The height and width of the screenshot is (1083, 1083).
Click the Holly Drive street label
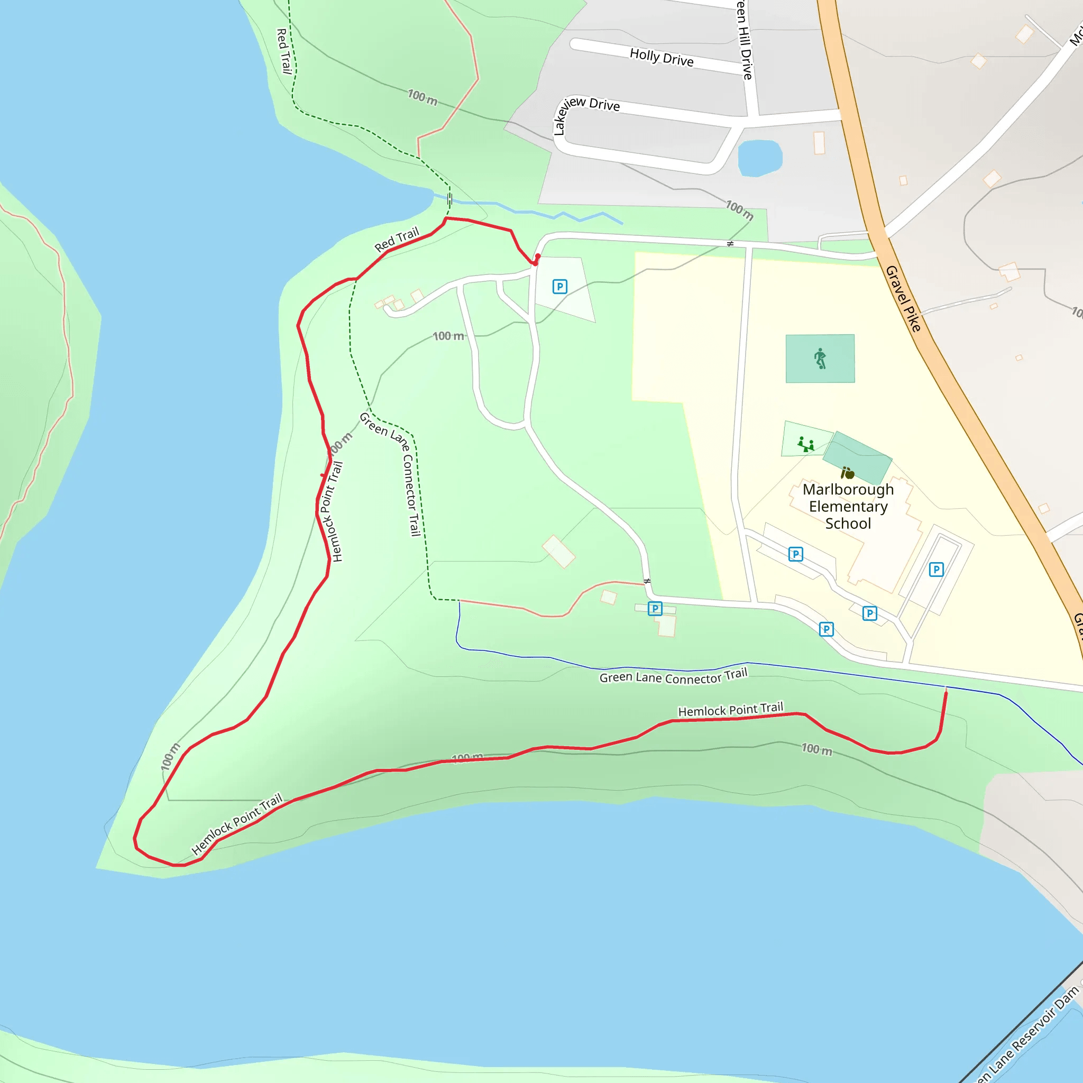pos(662,57)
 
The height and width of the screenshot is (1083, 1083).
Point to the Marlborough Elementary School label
pos(848,506)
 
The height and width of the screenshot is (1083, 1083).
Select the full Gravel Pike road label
pos(903,298)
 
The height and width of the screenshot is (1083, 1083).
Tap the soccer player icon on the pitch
pos(820,358)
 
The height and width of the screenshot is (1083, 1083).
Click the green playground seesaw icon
pos(805,445)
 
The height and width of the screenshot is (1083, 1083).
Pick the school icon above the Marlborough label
pos(848,473)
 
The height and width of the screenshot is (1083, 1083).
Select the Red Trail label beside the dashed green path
pos(284,51)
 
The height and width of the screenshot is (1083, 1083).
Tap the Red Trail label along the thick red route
pos(397,240)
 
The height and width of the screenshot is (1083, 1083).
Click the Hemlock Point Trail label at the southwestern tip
pos(236,824)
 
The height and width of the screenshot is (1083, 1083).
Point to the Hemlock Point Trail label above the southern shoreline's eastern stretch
pos(730,710)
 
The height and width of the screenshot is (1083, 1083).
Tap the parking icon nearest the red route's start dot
pos(559,287)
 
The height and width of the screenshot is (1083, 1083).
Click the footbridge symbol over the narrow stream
pos(449,199)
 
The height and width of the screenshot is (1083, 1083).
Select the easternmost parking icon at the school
pos(935,570)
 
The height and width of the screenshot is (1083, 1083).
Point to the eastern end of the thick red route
pos(946,693)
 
